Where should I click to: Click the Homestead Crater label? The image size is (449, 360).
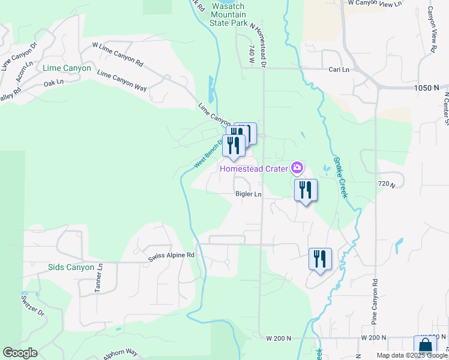click(253, 168)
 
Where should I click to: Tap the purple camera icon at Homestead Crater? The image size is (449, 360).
click(296, 166)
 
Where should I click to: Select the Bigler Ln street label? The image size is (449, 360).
click(249, 194)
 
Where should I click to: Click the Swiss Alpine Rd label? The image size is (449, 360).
click(172, 256)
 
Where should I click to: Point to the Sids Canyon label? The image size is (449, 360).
click(71, 267)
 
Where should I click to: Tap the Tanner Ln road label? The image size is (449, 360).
click(99, 278)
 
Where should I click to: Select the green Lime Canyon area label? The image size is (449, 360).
click(67, 68)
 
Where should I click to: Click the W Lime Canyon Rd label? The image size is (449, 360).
click(118, 54)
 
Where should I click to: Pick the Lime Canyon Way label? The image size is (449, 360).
click(122, 80)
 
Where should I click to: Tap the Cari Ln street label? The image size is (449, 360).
click(339, 70)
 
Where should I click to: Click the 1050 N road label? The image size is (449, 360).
click(427, 88)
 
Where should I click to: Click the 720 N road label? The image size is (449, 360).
click(387, 184)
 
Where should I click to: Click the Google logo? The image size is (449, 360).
click(20, 353)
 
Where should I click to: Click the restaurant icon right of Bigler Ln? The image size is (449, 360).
click(306, 190)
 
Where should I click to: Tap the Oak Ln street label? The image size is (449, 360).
click(53, 83)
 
